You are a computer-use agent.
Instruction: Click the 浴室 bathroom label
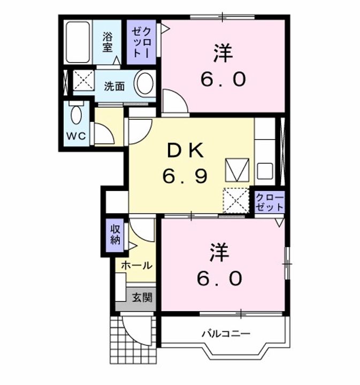pos(108,42)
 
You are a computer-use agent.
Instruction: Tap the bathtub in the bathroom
pos(78,42)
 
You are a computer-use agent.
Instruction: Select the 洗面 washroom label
pos(114,86)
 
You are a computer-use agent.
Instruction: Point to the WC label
pos(75,136)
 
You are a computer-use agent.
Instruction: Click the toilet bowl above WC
pos(76,114)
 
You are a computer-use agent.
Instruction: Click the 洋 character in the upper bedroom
pos(223,55)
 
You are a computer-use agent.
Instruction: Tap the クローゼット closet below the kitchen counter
pos(269,202)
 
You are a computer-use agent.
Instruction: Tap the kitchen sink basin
pos(265,171)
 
